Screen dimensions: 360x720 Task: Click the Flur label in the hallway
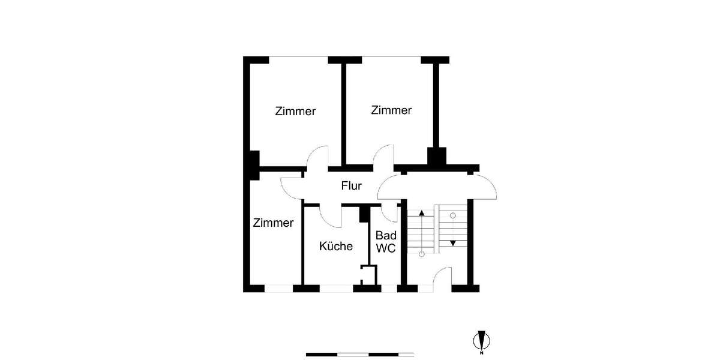[352, 186]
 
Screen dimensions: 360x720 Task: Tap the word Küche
[335, 246]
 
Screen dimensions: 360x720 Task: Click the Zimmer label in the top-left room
[295, 112]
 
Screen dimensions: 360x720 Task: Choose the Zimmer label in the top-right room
[391, 110]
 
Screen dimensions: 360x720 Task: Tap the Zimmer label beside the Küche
[273, 223]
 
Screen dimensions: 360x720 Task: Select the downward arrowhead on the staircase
[453, 243]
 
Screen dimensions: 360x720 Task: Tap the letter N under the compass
[481, 353]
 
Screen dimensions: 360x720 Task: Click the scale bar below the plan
[359, 354]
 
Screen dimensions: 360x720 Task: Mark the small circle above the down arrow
[453, 215]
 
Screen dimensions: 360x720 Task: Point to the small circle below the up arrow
[421, 254]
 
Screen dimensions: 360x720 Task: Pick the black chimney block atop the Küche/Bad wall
[363, 213]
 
